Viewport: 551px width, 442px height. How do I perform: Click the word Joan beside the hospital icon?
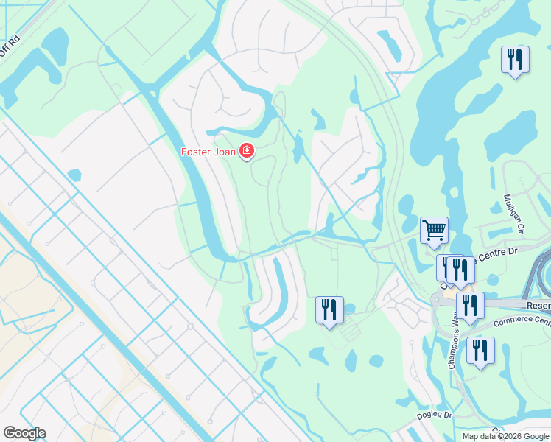coord(225,152)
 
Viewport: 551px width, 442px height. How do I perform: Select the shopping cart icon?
coord(434,230)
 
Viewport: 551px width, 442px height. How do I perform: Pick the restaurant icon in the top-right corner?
coord(515,60)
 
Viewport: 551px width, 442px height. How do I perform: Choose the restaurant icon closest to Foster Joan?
coord(329,309)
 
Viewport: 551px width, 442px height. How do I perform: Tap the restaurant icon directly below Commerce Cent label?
coord(480,351)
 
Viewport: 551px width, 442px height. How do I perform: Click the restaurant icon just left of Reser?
coord(470,305)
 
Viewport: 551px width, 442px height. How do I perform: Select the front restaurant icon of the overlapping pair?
coord(460,270)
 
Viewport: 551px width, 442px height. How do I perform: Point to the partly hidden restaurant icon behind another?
coord(444,267)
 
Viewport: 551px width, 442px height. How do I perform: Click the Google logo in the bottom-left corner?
coord(24,432)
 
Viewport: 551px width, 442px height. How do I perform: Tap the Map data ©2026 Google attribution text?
coord(505,436)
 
